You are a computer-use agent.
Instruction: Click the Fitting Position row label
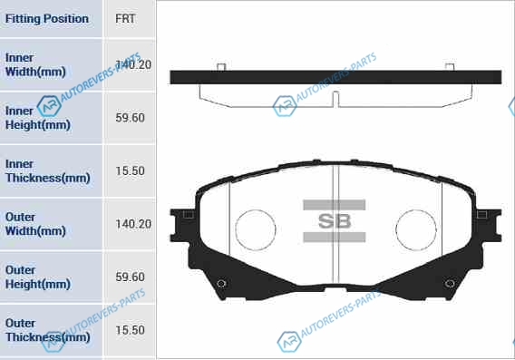coord(47,19)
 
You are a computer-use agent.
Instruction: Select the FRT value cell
coord(125,19)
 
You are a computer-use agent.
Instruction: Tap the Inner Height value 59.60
coord(130,118)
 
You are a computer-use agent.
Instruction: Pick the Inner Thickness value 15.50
coord(130,170)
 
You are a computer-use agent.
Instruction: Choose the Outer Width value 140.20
coord(133,224)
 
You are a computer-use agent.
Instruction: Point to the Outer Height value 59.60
coord(130,277)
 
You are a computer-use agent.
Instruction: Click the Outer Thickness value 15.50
coord(130,330)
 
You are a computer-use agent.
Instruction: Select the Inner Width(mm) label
coord(35,64)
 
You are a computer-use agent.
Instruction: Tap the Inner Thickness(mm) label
coord(48,170)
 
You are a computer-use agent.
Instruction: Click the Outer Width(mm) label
coord(35,224)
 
